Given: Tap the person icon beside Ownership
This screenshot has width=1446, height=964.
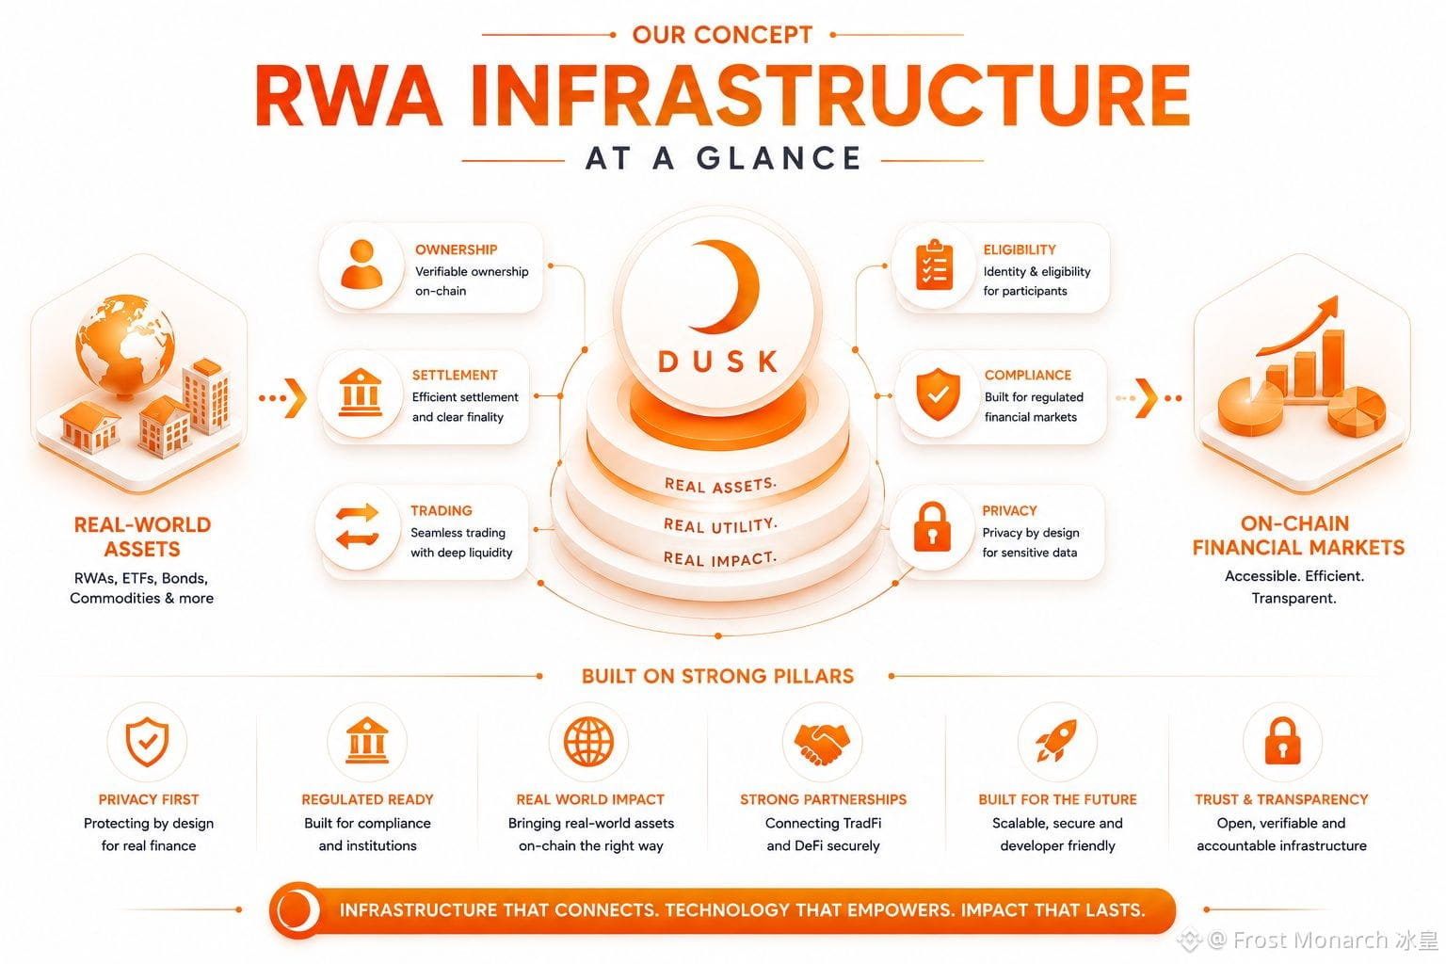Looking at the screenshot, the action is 361,265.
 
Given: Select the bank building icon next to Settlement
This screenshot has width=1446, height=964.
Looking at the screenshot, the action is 360,392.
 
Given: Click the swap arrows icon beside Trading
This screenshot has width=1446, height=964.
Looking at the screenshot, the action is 357,526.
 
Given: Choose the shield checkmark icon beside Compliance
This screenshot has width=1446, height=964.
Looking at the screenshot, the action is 938,394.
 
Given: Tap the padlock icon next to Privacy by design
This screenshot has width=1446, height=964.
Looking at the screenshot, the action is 932,526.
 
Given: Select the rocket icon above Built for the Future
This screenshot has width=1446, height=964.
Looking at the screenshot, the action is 1056,741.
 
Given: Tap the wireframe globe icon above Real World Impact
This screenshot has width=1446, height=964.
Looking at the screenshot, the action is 588,741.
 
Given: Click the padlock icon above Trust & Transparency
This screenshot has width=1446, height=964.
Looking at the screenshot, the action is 1282,741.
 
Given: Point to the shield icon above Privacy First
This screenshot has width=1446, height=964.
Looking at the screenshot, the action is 147,741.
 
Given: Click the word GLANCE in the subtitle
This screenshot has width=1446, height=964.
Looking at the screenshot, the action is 779,159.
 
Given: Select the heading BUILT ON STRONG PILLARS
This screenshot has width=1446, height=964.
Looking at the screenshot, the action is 717,676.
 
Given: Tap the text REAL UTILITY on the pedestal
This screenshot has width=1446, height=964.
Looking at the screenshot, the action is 720,525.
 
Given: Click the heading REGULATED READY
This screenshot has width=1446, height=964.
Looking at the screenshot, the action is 367,799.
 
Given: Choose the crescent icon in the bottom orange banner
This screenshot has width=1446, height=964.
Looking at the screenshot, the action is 298,909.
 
